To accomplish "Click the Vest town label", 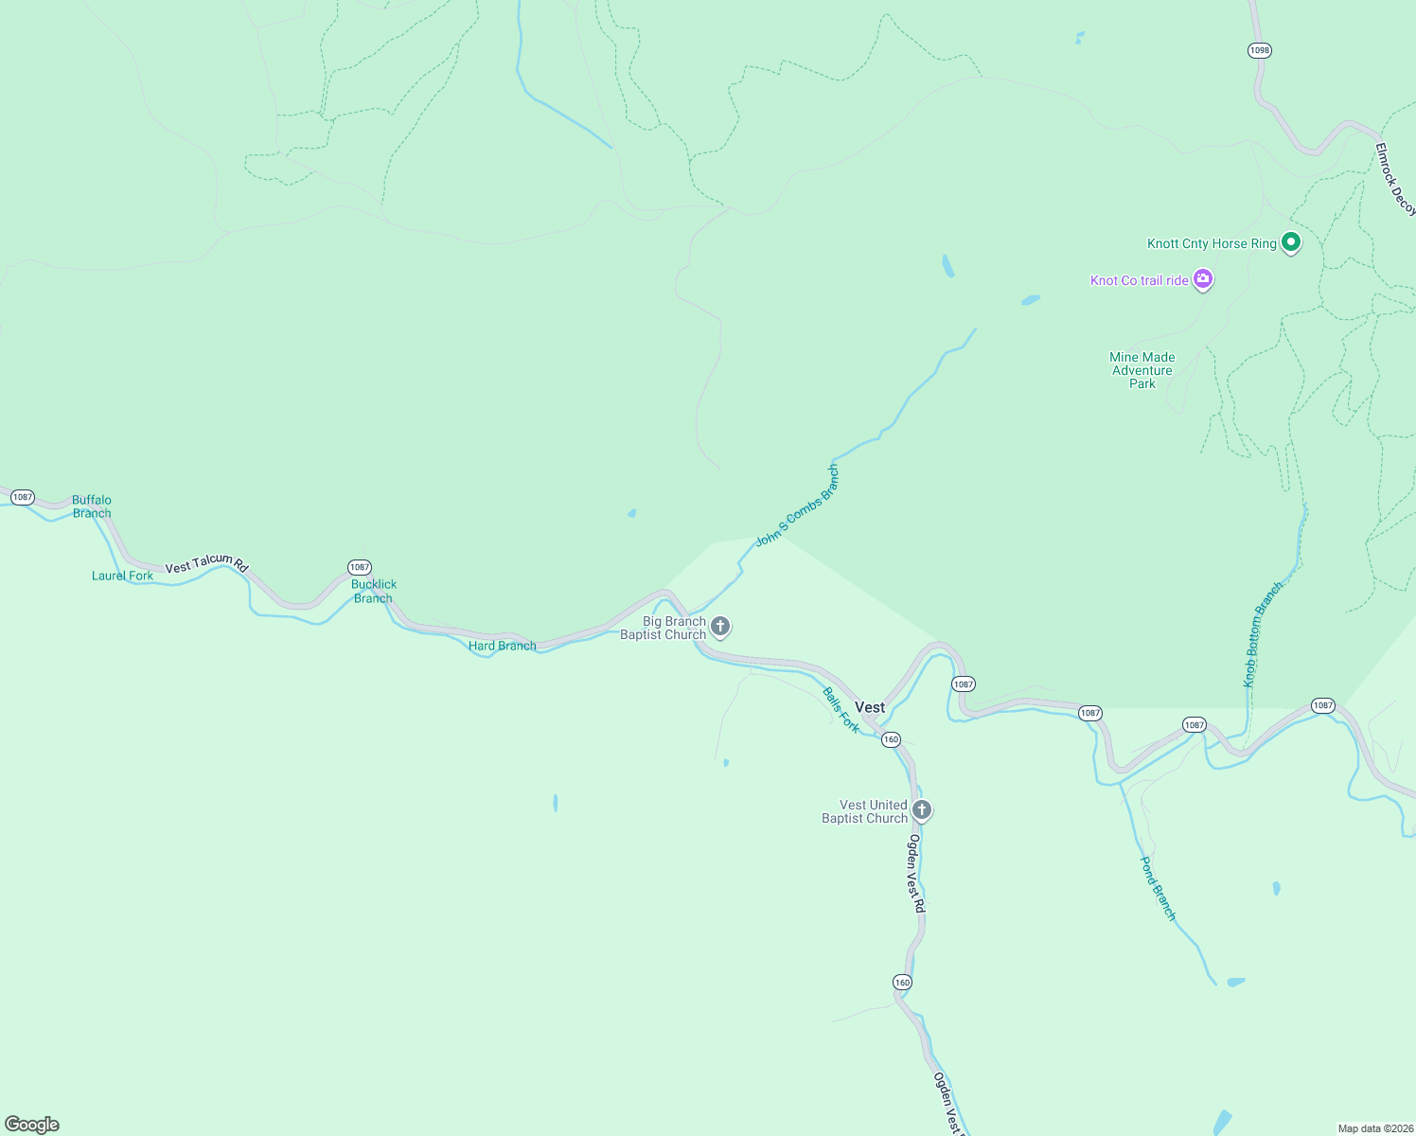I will point(869,707).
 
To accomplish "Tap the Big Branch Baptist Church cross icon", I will point(720,627).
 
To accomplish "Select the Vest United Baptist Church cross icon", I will point(922,810).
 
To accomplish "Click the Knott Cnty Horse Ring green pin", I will point(1290,242).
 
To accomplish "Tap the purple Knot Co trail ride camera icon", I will point(1203,279).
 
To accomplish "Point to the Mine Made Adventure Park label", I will point(1142,370).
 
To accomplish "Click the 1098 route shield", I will point(1259,50).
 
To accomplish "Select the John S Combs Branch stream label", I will point(797,506).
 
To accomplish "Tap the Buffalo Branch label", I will point(92,506).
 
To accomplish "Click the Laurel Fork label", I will point(122,576).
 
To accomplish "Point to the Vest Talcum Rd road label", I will point(206,563).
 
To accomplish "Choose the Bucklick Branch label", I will point(374,591).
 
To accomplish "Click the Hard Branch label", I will point(502,646).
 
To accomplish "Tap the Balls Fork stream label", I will point(841,710).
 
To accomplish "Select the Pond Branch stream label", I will point(1158,888).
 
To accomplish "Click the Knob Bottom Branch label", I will point(1263,634).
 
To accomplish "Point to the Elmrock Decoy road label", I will point(1395,179).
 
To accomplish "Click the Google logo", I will point(32,1125).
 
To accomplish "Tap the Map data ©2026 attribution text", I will point(1374,1128).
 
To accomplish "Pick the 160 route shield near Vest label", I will point(891,739).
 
